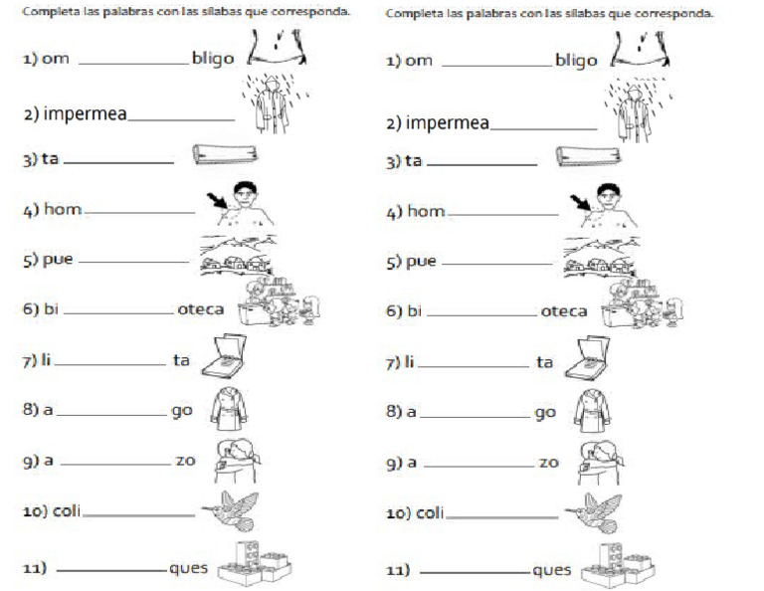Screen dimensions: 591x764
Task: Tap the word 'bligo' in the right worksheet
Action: [576, 60]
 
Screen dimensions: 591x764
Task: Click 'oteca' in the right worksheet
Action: [563, 311]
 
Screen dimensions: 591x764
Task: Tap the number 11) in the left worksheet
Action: [36, 569]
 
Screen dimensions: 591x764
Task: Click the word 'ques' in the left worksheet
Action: [188, 569]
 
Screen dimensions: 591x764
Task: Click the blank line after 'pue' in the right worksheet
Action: [495, 264]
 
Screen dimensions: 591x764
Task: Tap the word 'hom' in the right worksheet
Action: [426, 211]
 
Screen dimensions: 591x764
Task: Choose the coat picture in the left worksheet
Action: [231, 409]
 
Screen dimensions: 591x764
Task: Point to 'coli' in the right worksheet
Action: [428, 513]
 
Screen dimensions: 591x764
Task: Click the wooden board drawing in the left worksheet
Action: [225, 154]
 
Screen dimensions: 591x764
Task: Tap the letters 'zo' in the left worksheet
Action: [185, 462]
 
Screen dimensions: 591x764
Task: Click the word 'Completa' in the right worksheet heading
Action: [410, 14]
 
